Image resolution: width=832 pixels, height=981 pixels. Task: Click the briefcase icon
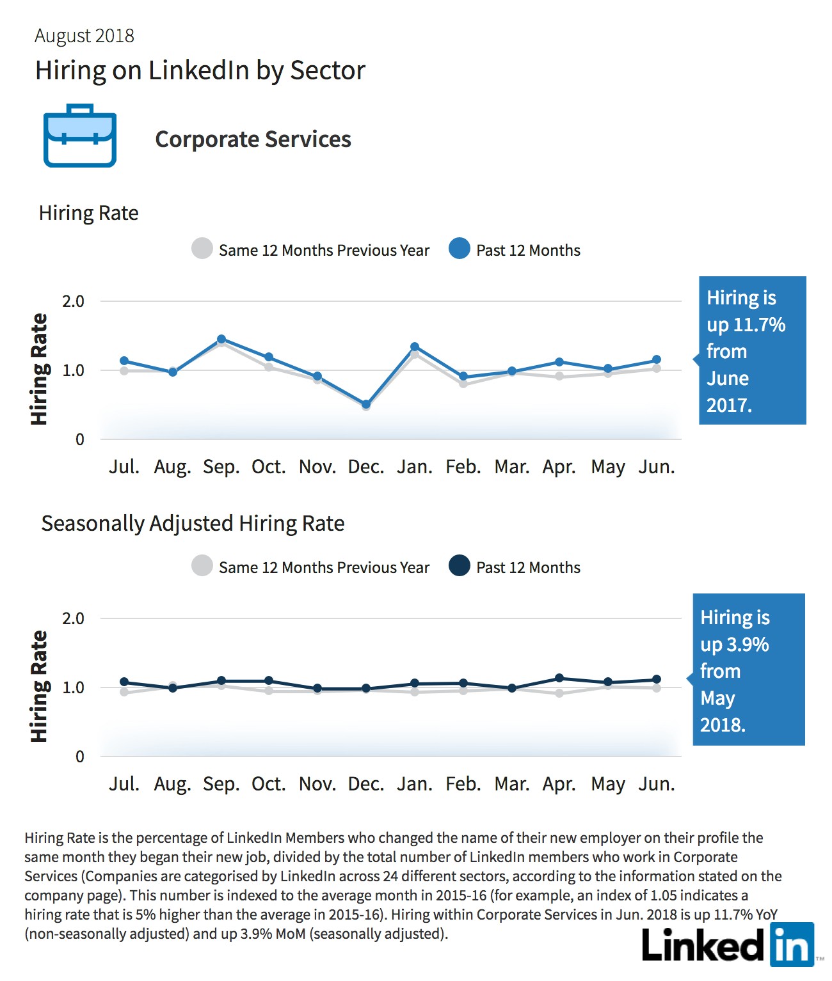pyautogui.click(x=80, y=136)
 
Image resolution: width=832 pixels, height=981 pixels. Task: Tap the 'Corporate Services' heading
pyautogui.click(x=253, y=139)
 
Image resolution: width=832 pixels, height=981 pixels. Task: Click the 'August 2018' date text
pyautogui.click(x=84, y=36)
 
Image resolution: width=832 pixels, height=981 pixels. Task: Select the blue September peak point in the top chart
pyautogui.click(x=221, y=339)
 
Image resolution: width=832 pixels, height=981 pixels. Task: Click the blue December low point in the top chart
pyautogui.click(x=365, y=404)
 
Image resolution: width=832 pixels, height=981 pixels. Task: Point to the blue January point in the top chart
pyautogui.click(x=415, y=347)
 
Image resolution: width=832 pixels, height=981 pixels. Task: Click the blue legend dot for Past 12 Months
pyautogui.click(x=460, y=248)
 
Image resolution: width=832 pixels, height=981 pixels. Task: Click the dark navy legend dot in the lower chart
pyautogui.click(x=460, y=565)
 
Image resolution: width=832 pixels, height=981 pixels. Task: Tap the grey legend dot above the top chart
pyautogui.click(x=202, y=248)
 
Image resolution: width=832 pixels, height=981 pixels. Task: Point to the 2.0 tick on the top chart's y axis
pyautogui.click(x=73, y=301)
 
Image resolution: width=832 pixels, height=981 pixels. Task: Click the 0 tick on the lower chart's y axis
pyautogui.click(x=80, y=756)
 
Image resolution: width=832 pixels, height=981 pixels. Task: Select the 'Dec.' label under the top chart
pyautogui.click(x=365, y=467)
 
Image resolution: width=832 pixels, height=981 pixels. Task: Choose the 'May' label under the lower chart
pyautogui.click(x=608, y=785)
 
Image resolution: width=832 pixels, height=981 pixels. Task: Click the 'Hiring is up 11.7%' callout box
pyautogui.click(x=752, y=350)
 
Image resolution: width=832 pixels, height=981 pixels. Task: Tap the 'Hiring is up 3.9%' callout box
pyautogui.click(x=748, y=669)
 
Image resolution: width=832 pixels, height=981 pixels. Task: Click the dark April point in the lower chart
pyautogui.click(x=559, y=678)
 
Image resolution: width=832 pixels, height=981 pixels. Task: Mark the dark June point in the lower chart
pyautogui.click(x=657, y=679)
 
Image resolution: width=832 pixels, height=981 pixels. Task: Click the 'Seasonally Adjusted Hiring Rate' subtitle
pyautogui.click(x=193, y=524)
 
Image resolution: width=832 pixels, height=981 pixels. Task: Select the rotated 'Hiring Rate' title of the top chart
pyautogui.click(x=39, y=369)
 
